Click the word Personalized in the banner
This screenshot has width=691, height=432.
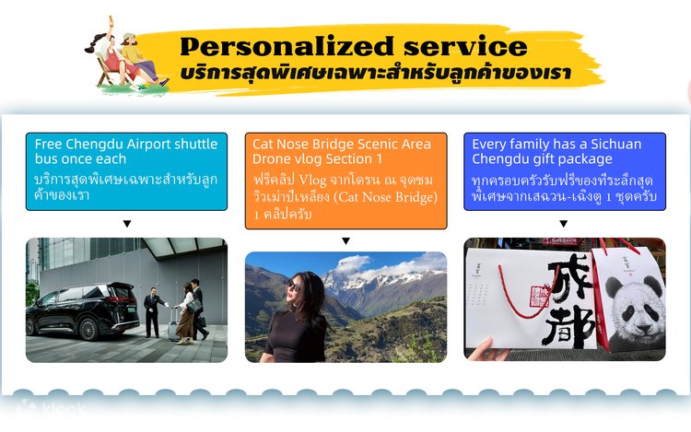287,47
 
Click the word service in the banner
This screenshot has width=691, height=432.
465,46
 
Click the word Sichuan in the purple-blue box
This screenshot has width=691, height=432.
616,144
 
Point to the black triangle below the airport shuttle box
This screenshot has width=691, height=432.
127,224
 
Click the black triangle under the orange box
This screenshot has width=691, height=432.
345,241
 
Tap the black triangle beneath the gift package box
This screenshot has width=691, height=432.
563,224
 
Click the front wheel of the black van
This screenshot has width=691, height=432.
88,329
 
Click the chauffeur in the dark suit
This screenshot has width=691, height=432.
153,312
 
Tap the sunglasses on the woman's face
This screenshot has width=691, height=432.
294,287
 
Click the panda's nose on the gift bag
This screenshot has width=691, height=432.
644,328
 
